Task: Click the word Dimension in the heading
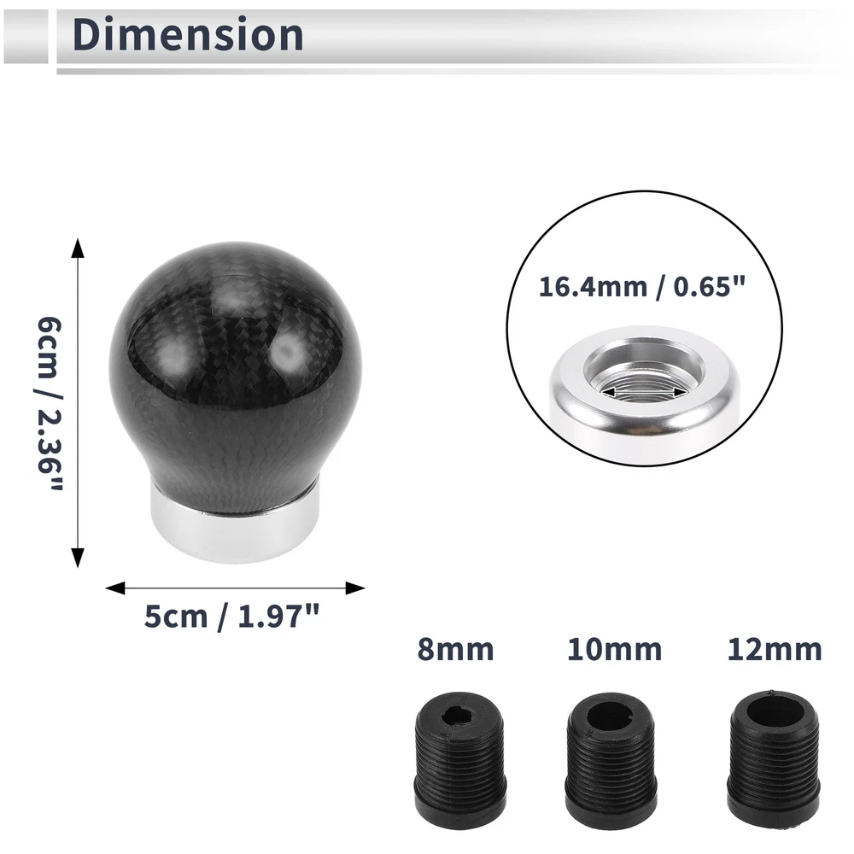tap(188, 34)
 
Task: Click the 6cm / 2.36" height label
tap(50, 403)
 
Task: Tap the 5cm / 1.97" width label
tap(231, 617)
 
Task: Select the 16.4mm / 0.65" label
tap(641, 286)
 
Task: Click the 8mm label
tap(455, 650)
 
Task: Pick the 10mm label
tap(614, 650)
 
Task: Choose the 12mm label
tap(775, 650)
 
